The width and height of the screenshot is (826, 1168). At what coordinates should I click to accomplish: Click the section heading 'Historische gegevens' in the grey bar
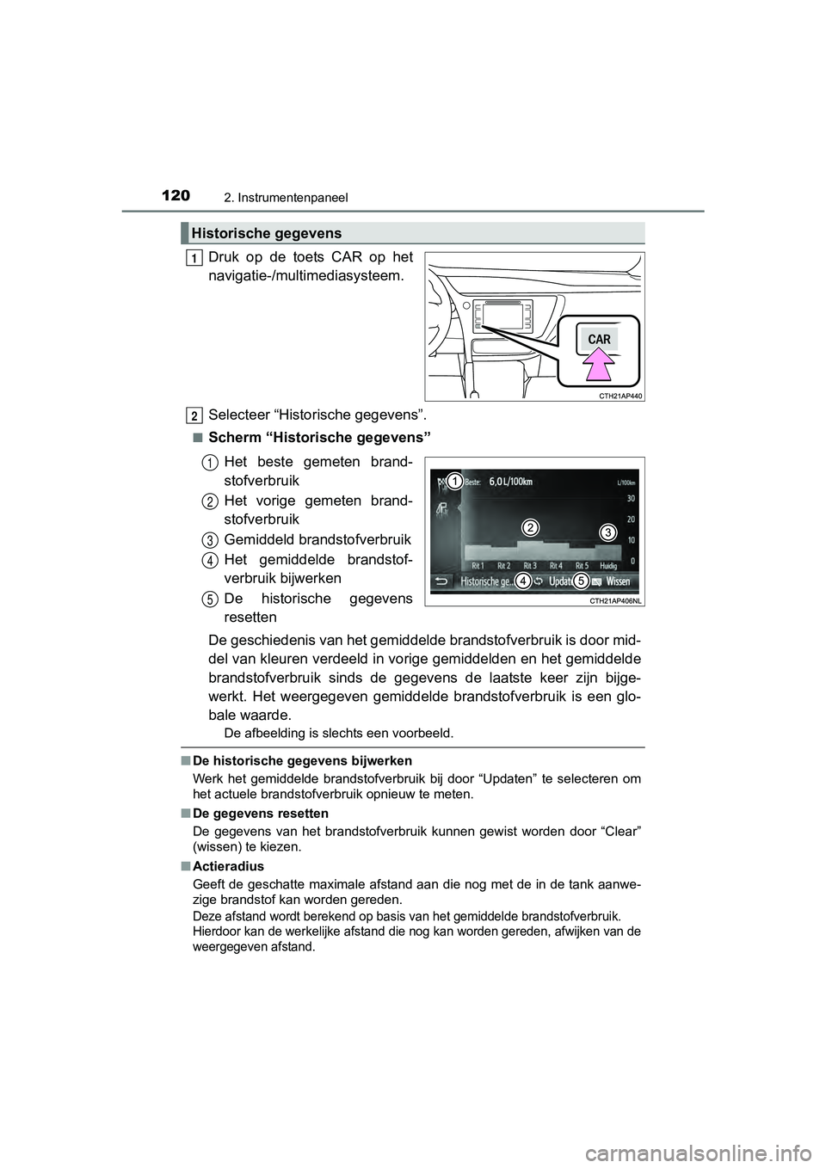pyautogui.click(x=267, y=233)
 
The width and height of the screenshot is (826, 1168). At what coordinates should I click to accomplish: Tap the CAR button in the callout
pyautogui.click(x=599, y=339)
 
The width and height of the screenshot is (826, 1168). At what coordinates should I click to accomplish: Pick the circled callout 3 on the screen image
pyautogui.click(x=607, y=532)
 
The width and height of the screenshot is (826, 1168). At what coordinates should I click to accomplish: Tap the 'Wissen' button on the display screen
pyautogui.click(x=617, y=581)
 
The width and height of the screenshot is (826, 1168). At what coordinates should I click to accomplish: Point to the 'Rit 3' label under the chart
pyautogui.click(x=529, y=566)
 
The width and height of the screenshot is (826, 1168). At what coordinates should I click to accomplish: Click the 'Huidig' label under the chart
pyautogui.click(x=613, y=566)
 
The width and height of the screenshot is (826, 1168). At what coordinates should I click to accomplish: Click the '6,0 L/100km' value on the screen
pyautogui.click(x=518, y=482)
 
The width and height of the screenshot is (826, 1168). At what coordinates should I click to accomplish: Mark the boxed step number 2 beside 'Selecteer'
pyautogui.click(x=196, y=415)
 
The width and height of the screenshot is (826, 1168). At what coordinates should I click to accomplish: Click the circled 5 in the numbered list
pyautogui.click(x=210, y=599)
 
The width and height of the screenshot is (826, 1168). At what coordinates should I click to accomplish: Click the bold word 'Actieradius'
pyautogui.click(x=229, y=866)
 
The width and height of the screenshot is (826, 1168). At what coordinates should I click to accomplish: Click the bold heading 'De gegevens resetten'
pyautogui.click(x=261, y=813)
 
